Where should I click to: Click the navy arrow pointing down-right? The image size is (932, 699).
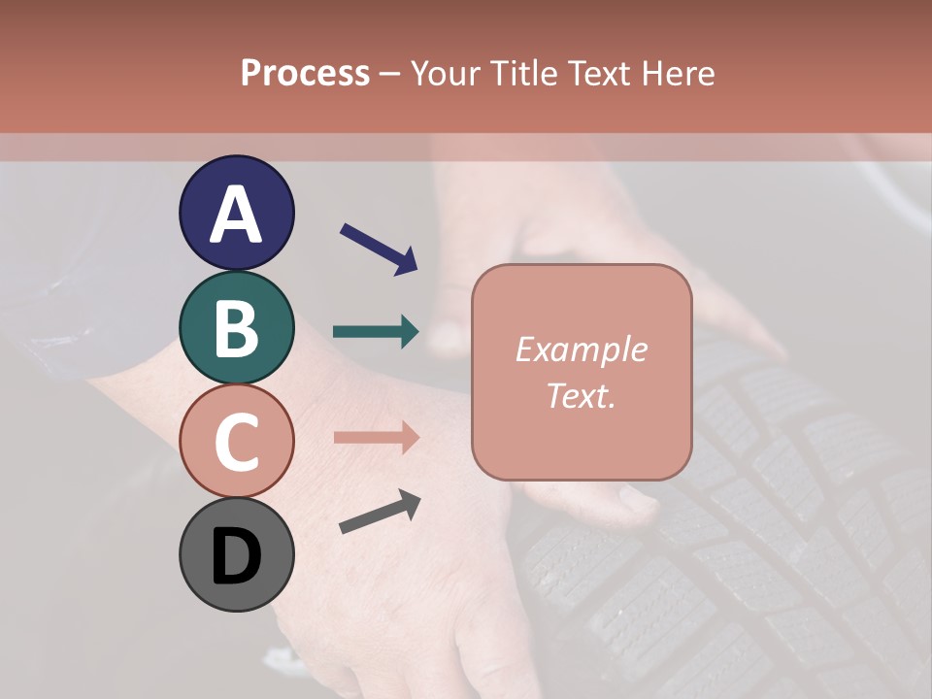[379, 249]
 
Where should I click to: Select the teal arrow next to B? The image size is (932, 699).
[376, 332]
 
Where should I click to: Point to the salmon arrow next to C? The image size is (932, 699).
[376, 437]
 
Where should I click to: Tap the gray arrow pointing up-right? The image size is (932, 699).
[380, 513]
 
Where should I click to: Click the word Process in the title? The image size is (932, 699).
[305, 73]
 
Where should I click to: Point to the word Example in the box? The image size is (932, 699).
[581, 349]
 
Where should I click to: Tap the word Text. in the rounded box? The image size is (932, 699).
[581, 395]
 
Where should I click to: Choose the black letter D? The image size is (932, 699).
[237, 555]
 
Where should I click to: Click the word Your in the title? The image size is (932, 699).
[445, 73]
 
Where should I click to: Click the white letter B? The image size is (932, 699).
[237, 328]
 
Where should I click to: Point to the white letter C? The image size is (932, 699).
[237, 442]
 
